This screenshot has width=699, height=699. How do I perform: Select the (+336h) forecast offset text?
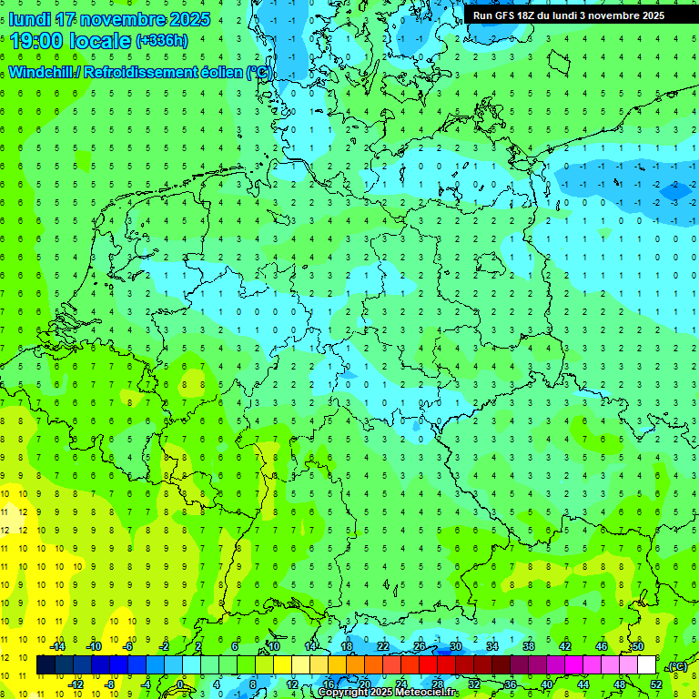pyautogui.click(x=162, y=41)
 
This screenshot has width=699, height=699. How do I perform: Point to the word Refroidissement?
pyautogui.click(x=138, y=72)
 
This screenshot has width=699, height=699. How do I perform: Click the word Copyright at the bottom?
pyautogui.click(x=347, y=693)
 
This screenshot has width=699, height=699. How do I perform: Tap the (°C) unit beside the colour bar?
pyautogui.click(x=676, y=667)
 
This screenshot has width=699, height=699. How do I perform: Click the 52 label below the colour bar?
pyautogui.click(x=655, y=684)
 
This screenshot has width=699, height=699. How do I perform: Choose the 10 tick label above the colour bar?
pyautogui.click(x=273, y=646)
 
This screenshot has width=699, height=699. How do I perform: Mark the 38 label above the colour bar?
pyautogui.click(x=528, y=646)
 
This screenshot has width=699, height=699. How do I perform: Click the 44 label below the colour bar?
pyautogui.click(x=582, y=684)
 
